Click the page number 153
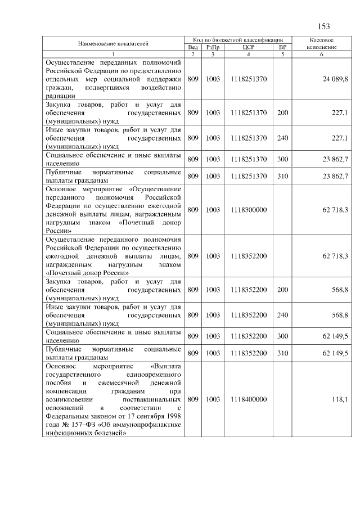323,26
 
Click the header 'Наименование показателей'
113,43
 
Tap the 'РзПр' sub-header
212,47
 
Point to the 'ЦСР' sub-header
248,47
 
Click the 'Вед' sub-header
193,47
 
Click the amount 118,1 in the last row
340,399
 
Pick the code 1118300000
248,210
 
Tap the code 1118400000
248,399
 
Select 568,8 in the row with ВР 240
339,315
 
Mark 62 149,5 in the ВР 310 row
335,353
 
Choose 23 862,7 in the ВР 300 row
335,159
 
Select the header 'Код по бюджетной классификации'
239,40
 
